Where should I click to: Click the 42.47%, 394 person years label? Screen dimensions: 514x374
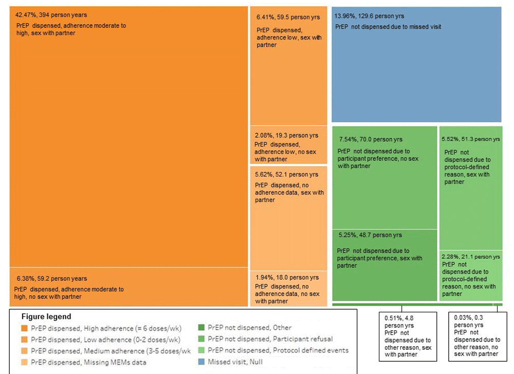pos(51,15)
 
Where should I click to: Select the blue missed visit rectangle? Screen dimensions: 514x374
pos(416,64)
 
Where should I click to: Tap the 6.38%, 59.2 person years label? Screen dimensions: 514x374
pos(52,278)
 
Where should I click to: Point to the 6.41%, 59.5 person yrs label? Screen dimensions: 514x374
pos(288,17)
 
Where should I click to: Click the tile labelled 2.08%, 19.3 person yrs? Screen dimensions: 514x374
pos(288,145)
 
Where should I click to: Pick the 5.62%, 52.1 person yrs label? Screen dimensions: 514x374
pos(287,174)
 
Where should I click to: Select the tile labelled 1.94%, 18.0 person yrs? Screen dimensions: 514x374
pos(288,289)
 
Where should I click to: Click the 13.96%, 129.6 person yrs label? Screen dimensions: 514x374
pos(369,16)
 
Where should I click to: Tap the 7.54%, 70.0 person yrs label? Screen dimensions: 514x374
pos(371,139)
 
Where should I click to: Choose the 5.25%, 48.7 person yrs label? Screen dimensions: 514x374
pos(370,235)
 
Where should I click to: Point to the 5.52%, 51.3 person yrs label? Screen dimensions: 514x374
pos(471,139)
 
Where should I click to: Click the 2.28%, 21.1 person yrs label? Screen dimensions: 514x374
pos(471,257)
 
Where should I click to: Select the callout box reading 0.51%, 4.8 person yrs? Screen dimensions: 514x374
pos(408,336)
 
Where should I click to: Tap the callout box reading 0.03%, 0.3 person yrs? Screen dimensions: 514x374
pos(478,336)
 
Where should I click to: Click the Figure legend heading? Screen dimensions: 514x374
pos(46,316)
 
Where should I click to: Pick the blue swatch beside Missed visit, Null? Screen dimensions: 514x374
pos(201,362)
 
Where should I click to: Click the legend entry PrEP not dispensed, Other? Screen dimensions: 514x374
pos(250,327)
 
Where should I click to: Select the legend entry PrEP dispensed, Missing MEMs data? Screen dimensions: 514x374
pos(88,362)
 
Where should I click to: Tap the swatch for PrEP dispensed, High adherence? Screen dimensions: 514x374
pos(24,328)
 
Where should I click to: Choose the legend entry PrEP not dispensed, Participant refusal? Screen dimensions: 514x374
pos(270,339)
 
